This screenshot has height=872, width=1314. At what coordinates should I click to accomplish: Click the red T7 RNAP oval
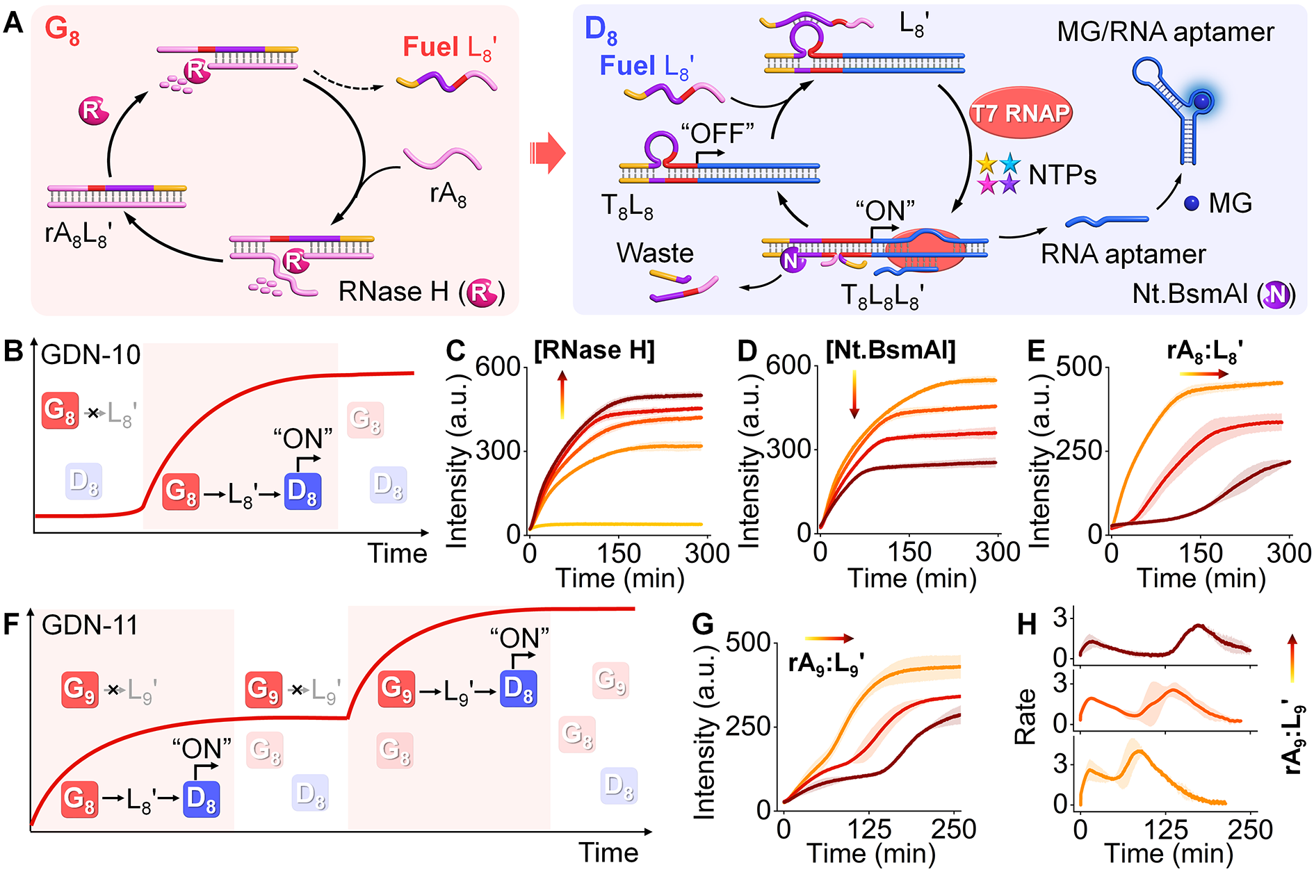click(x=1020, y=113)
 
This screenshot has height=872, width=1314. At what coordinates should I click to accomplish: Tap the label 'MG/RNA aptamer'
click(x=1165, y=32)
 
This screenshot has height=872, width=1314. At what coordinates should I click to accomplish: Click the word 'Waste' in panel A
click(x=655, y=253)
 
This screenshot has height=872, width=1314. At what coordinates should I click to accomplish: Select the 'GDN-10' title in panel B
click(x=91, y=355)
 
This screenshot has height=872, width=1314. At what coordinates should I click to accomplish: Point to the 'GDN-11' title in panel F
click(x=90, y=625)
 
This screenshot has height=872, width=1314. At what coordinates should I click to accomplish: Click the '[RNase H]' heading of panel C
click(x=594, y=350)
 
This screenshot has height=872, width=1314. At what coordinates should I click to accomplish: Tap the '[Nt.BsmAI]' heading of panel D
click(x=891, y=350)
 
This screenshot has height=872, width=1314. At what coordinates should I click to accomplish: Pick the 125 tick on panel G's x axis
click(x=869, y=829)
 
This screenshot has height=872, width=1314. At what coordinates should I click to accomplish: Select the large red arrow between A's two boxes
click(x=547, y=154)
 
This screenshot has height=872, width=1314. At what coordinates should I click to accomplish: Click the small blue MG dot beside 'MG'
click(x=1191, y=203)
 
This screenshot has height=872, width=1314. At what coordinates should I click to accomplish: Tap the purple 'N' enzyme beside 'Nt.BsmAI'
click(x=1276, y=295)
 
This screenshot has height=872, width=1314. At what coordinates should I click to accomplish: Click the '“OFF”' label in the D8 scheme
click(x=717, y=133)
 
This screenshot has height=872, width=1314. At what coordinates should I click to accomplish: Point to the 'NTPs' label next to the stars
click(x=1062, y=175)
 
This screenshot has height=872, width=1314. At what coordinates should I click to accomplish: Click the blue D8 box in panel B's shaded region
click(x=302, y=491)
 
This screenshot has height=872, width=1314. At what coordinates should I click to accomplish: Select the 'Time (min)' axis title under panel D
click(x=912, y=578)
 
